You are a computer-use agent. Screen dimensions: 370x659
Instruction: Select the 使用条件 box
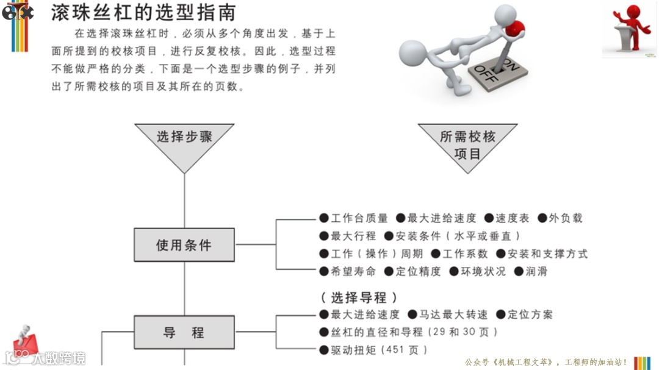[x=184, y=245]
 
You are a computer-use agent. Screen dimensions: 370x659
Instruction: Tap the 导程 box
[x=184, y=333]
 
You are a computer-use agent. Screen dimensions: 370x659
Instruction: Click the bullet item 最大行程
[x=348, y=236]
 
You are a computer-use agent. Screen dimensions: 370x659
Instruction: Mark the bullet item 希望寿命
[x=348, y=271]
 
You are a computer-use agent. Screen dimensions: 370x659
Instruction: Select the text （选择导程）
[x=359, y=297]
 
